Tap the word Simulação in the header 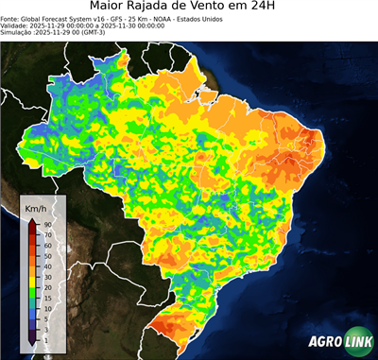(x=17, y=33)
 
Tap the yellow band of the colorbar (x=31, y=276)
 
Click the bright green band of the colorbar (x=31, y=291)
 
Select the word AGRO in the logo (x=322, y=344)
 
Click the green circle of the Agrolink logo (x=360, y=344)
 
